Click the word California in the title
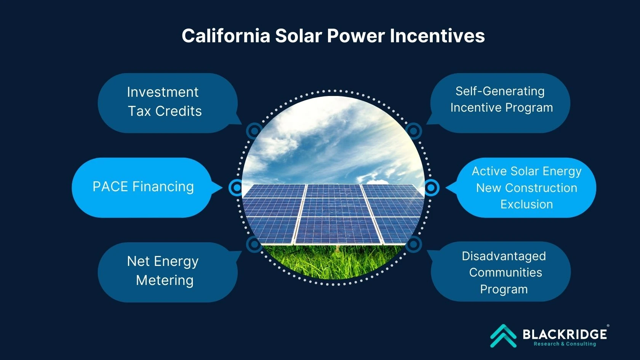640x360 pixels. click(226, 36)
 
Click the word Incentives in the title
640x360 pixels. click(437, 36)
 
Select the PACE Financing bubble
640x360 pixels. click(143, 187)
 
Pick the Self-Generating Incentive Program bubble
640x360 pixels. click(500, 103)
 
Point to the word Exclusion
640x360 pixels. click(526, 205)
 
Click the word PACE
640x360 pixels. click(110, 187)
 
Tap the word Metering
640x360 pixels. click(165, 280)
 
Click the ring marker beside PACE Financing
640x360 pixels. click(237, 188)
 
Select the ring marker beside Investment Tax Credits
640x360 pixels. click(254, 131)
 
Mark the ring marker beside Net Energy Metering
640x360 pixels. click(254, 244)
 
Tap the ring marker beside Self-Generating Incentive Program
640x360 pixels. click(413, 131)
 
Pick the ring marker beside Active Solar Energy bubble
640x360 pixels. click(431, 188)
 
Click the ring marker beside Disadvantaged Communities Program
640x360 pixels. click(413, 244)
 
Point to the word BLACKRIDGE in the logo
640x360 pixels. click(565, 334)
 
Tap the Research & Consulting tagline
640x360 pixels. click(565, 344)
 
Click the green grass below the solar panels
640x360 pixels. click(333, 261)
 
